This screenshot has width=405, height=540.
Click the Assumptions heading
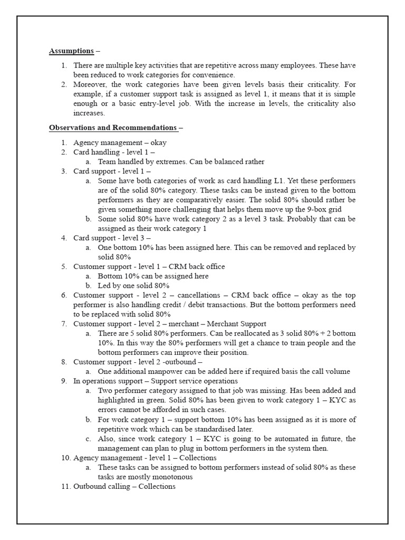click(x=71, y=51)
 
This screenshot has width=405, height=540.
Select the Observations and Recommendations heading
click(x=113, y=128)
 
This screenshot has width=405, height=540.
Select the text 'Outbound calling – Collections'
click(x=124, y=486)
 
